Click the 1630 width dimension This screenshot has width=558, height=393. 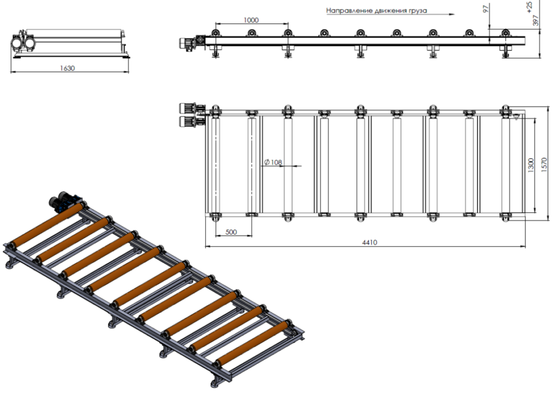67,68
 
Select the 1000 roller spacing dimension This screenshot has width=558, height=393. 251,20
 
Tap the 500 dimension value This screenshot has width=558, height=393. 231,232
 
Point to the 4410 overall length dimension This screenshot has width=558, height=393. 369,242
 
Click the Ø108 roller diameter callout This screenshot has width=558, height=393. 273,162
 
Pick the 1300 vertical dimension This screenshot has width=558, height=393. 531,165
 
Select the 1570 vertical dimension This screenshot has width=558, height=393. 544,165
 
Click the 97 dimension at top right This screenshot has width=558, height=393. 486,9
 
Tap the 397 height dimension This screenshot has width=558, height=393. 536,20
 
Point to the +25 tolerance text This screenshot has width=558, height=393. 529,7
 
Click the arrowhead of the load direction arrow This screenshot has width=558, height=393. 452,15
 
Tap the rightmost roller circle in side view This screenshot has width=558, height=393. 505,33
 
